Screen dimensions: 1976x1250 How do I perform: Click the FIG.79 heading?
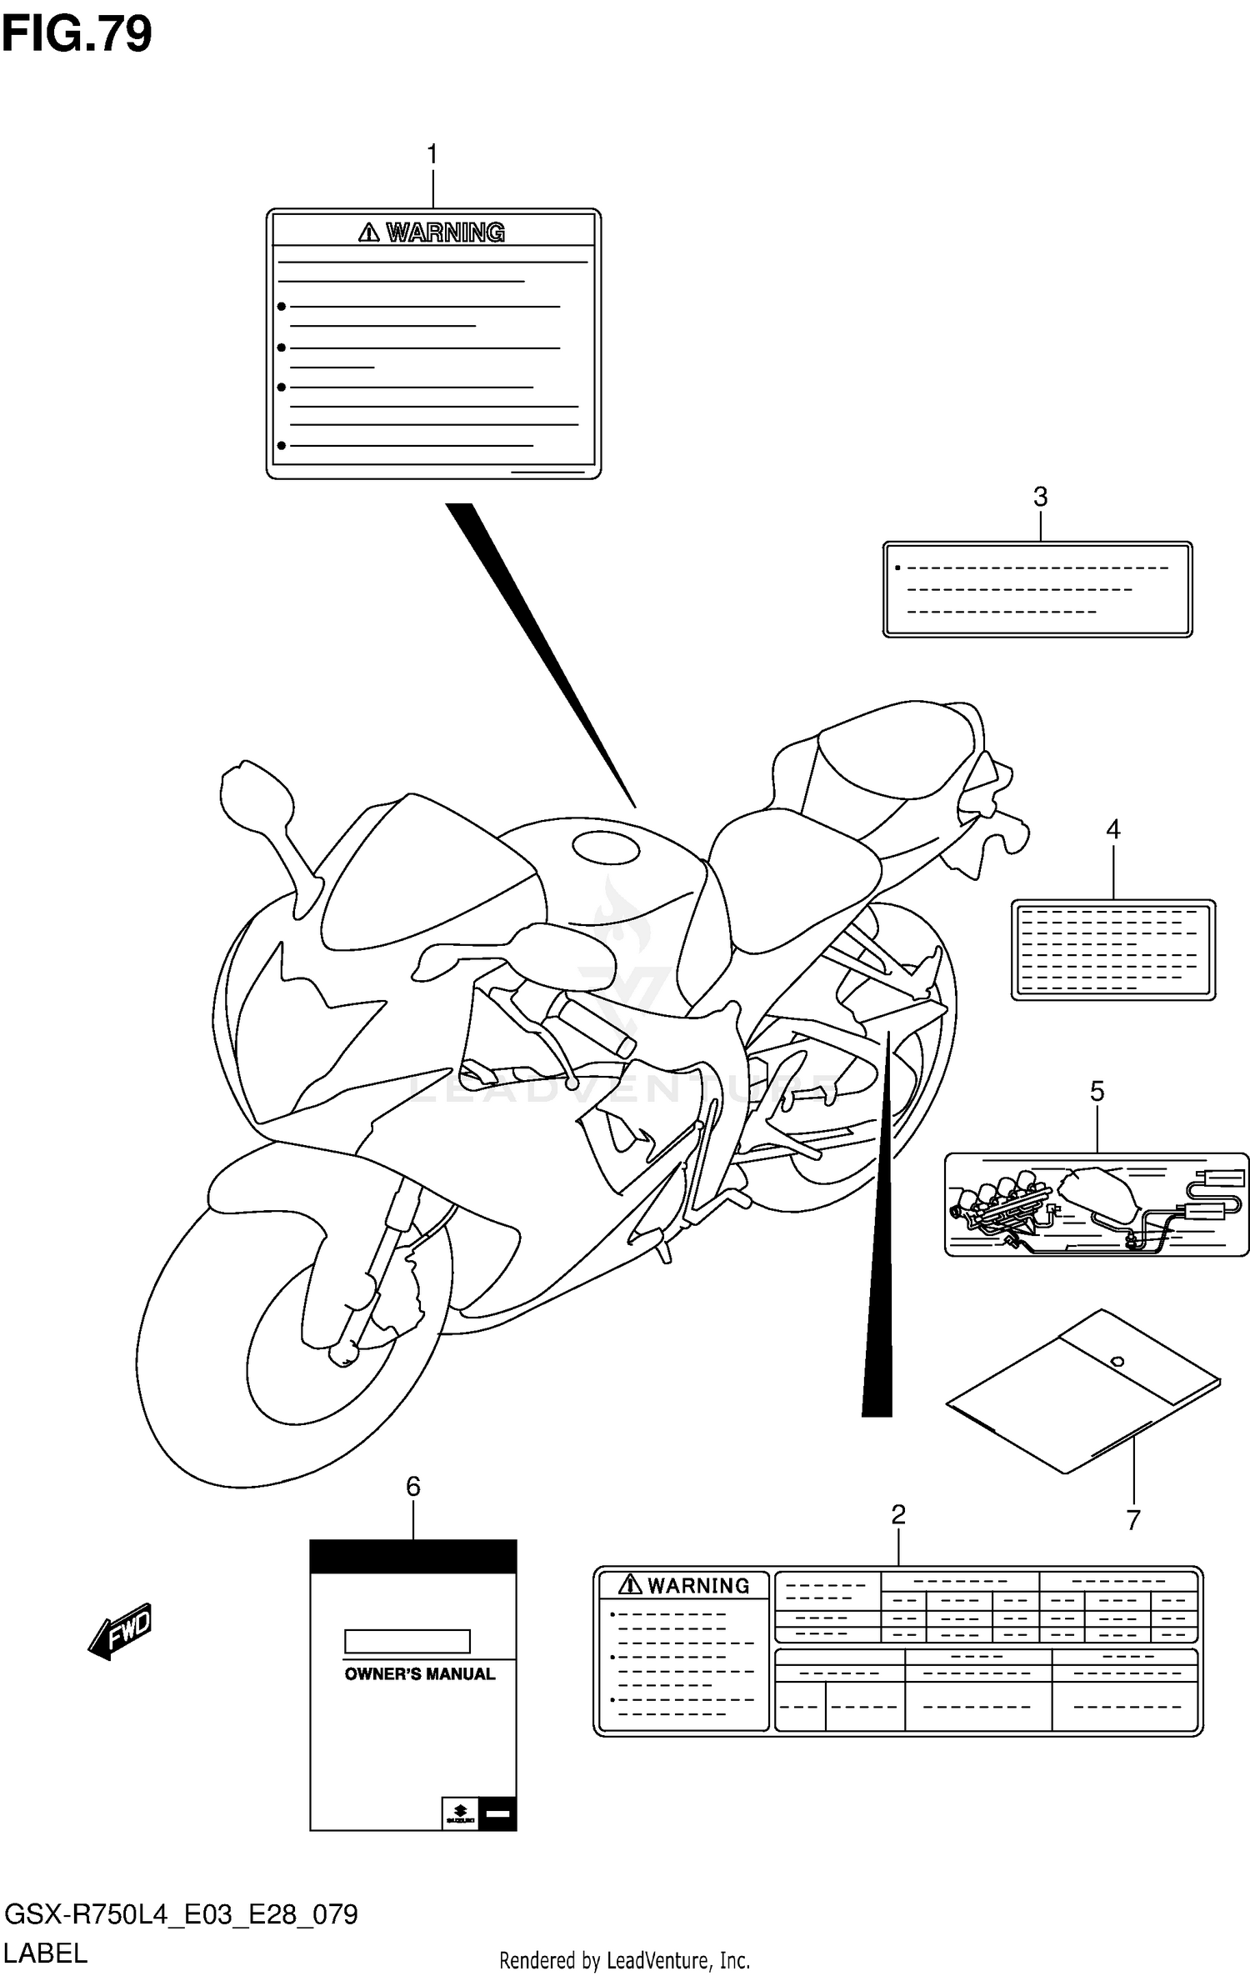pyautogui.click(x=77, y=35)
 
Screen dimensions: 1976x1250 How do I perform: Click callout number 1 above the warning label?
pyautogui.click(x=432, y=155)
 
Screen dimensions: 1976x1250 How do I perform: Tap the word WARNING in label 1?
pyautogui.click(x=445, y=233)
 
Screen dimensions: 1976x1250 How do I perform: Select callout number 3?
pyautogui.click(x=1040, y=498)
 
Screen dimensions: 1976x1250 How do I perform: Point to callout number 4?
pyautogui.click(x=1112, y=829)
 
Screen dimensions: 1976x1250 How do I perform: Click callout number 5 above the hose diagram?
pyautogui.click(x=1097, y=1091)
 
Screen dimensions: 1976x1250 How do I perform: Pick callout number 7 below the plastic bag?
pyautogui.click(x=1132, y=1520)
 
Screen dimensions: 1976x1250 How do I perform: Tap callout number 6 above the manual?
pyautogui.click(x=413, y=1486)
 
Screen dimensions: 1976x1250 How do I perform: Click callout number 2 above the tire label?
pyautogui.click(x=897, y=1514)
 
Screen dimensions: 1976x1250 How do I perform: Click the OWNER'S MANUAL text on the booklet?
pyautogui.click(x=419, y=1674)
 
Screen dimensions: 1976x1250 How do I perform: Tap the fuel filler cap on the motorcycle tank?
pyautogui.click(x=606, y=847)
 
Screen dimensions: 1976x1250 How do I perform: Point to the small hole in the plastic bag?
pyautogui.click(x=1117, y=1362)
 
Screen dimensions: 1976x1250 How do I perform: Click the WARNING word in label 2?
pyautogui.click(x=698, y=1585)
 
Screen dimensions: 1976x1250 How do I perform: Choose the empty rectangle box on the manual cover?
pyautogui.click(x=407, y=1641)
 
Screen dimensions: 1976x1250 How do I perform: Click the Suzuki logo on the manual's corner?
pyautogui.click(x=460, y=1813)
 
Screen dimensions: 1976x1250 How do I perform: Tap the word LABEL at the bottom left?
pyautogui.click(x=46, y=1953)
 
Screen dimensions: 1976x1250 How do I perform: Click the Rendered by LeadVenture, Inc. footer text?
pyautogui.click(x=624, y=1960)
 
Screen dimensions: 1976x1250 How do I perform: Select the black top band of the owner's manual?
pyautogui.click(x=413, y=1556)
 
